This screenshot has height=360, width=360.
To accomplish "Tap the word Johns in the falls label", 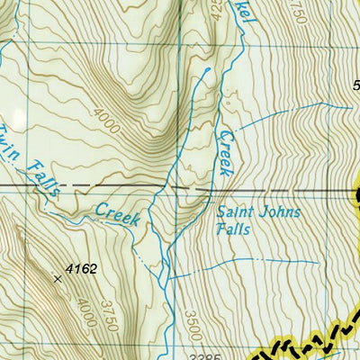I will click(x=279, y=213).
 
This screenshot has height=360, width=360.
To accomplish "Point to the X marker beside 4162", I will click(x=58, y=279).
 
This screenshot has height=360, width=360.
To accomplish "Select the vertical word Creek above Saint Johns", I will click(x=224, y=149).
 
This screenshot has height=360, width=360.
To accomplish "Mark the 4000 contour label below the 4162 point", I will click(x=85, y=317).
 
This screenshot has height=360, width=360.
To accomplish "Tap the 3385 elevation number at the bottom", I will click(x=210, y=355).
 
